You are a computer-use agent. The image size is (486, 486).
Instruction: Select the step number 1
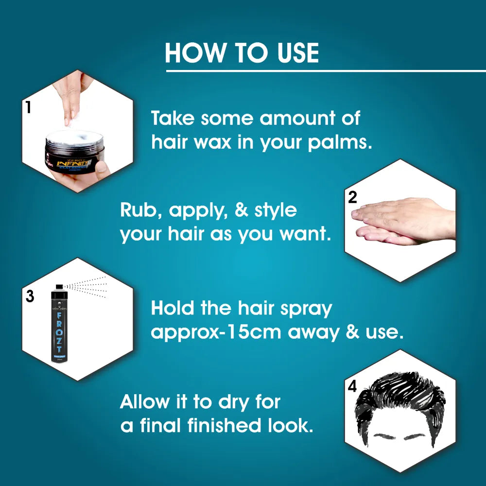pyautogui.click(x=28, y=107)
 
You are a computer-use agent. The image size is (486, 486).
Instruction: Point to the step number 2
pyautogui.click(x=353, y=197)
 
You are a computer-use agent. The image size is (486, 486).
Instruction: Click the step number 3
pyautogui.click(x=30, y=296)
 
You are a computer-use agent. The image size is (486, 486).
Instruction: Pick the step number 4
pyautogui.click(x=352, y=387)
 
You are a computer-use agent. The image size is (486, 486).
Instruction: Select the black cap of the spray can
pyautogui.click(x=59, y=291)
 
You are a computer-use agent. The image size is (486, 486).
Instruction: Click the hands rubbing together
pyautogui.click(x=403, y=221)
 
